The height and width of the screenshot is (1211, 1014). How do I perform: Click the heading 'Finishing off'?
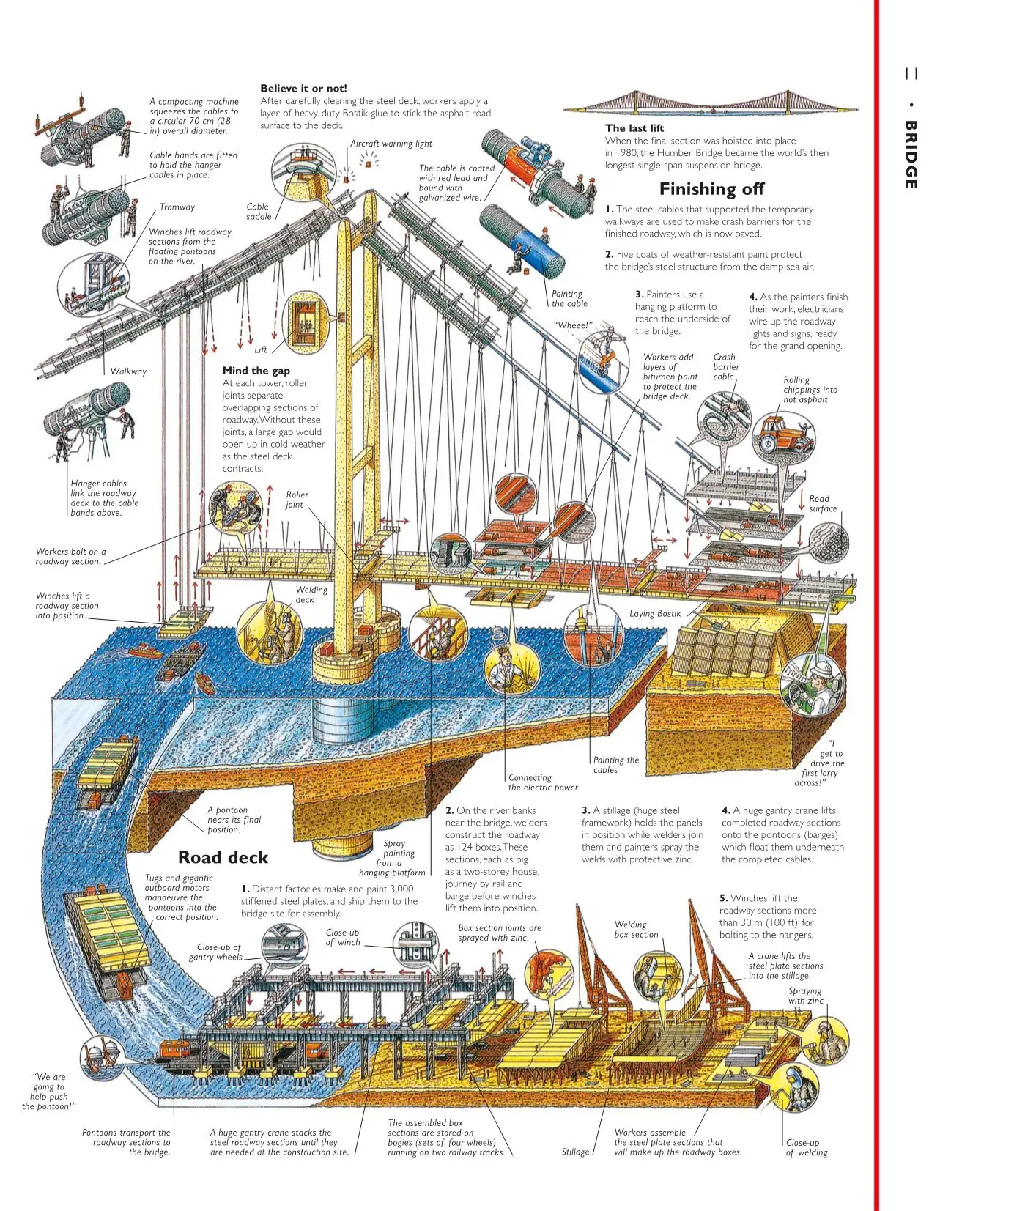tap(711, 189)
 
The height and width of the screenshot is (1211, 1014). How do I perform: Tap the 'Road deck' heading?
tap(223, 857)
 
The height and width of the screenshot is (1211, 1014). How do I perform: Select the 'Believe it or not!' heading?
tap(303, 89)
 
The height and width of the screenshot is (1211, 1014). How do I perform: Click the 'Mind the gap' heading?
tap(256, 371)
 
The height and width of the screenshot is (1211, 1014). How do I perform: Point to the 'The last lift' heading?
tap(634, 128)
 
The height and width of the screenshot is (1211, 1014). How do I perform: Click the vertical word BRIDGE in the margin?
tap(911, 155)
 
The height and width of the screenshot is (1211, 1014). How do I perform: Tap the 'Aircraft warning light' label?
tap(391, 144)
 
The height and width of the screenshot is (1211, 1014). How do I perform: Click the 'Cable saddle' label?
tap(258, 212)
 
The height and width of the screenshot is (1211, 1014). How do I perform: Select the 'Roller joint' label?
tap(297, 499)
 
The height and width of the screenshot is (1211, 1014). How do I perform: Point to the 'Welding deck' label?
tap(311, 594)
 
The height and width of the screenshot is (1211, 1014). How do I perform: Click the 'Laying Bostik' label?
tap(655, 614)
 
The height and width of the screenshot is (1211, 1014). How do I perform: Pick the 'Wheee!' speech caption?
tap(572, 325)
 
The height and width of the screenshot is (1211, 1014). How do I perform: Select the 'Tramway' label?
tap(177, 207)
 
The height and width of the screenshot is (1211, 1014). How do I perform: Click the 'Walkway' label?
tap(128, 371)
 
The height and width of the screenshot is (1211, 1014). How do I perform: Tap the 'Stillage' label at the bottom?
tap(575, 1152)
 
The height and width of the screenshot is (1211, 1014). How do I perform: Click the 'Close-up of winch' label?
tap(342, 937)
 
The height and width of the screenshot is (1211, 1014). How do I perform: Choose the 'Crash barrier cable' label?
tap(725, 367)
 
